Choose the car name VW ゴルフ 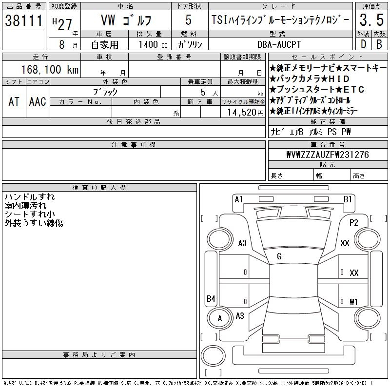coord(126,20)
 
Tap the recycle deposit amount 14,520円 coord(246,112)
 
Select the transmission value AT coord(14,101)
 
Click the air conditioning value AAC coord(37,101)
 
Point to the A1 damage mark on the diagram coord(238,199)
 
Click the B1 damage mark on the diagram coord(348,199)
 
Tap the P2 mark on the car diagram coord(354,223)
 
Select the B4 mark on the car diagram coord(211,299)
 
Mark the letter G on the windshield coord(279,256)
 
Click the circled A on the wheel coord(220,318)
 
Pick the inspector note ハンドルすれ coord(30,197)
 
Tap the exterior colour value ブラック coord(105,92)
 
